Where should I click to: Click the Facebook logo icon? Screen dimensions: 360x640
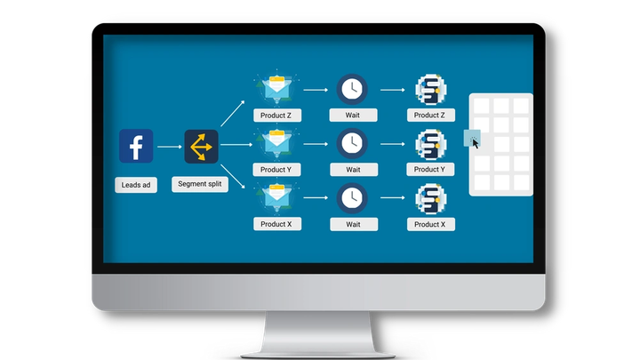(136, 146)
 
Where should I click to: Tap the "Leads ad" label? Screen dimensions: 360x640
(136, 186)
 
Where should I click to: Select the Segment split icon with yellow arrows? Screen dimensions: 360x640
(201, 146)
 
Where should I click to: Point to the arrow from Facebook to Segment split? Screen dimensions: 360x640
(169, 146)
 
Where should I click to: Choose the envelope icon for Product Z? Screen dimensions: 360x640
(276, 89)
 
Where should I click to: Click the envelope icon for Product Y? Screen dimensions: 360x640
(276, 142)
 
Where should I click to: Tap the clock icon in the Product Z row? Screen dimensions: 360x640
(353, 89)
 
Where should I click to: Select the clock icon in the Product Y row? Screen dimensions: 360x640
(353, 142)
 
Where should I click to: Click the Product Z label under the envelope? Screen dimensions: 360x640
(276, 116)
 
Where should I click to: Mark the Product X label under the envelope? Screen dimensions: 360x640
(276, 225)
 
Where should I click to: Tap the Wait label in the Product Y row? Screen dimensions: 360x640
(353, 170)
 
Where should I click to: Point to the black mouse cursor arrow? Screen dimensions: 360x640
(476, 143)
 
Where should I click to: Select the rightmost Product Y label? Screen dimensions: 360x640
(430, 170)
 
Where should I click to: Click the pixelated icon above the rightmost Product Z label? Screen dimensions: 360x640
(430, 89)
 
